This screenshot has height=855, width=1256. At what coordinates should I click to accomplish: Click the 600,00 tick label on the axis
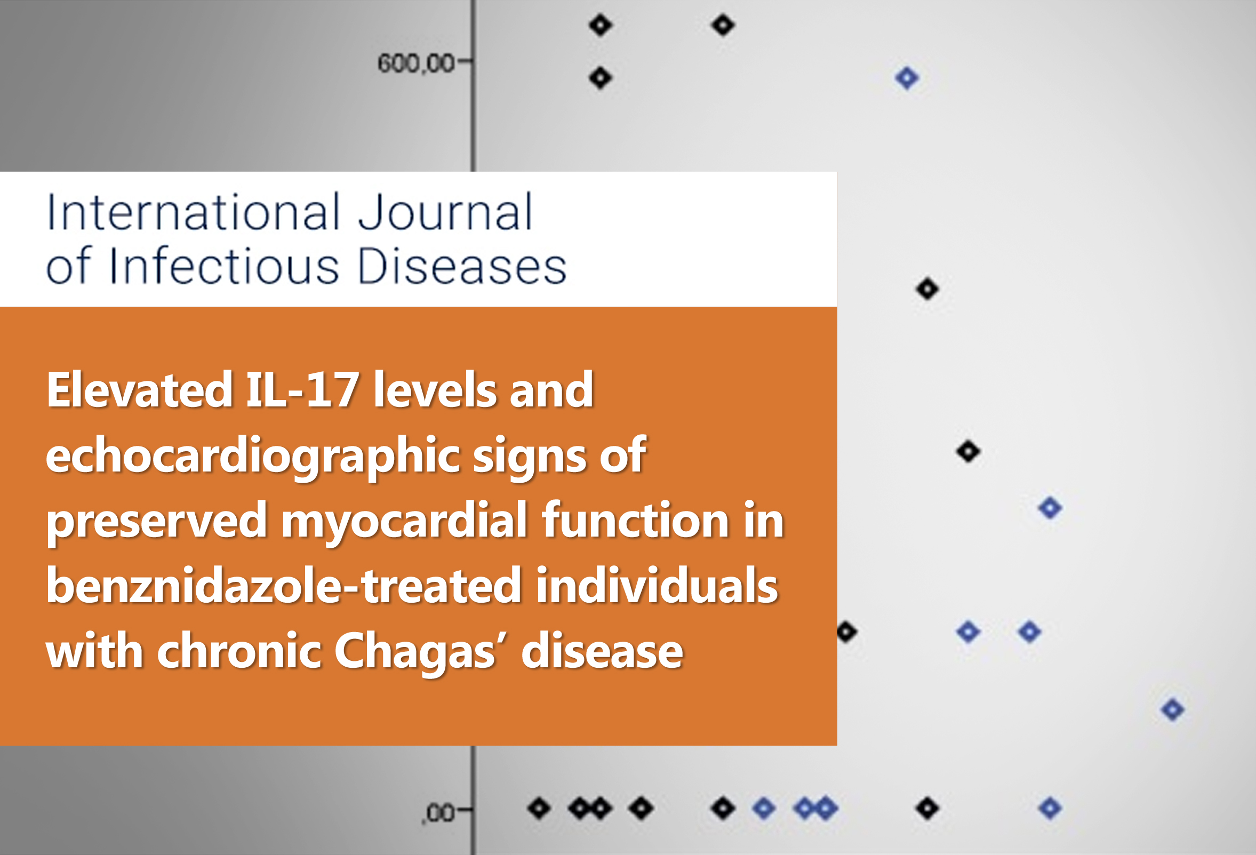tap(415, 63)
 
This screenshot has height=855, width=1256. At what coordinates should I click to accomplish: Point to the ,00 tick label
tap(438, 812)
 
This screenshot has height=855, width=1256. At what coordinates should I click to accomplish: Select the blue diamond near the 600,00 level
tap(907, 78)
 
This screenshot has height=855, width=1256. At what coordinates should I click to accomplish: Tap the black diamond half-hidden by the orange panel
tap(847, 632)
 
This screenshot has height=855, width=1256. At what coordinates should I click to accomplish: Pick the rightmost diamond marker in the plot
tap(1172, 709)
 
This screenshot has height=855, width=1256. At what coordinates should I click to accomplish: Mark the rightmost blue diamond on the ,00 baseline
tap(1050, 809)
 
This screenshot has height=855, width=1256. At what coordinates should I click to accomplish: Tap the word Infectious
tap(225, 266)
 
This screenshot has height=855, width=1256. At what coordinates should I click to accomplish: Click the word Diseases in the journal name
tap(462, 266)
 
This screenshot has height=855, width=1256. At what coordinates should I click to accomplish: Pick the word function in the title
tap(636, 520)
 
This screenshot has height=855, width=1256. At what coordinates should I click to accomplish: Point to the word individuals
tap(657, 586)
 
